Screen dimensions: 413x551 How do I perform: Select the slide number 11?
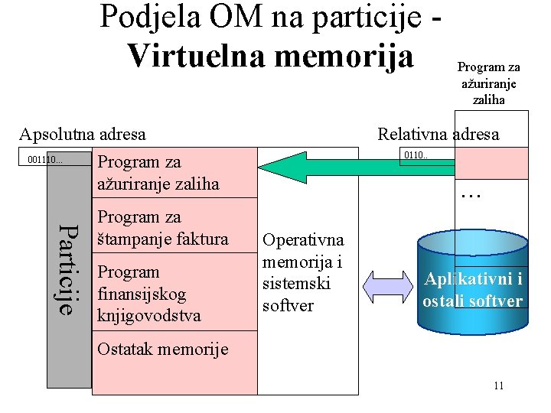point(498,385)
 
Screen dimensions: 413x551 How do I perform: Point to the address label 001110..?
point(44,159)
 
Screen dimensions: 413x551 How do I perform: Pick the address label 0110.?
point(416,155)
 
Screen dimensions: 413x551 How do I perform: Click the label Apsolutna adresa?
point(83,135)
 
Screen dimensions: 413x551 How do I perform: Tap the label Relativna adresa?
point(438,135)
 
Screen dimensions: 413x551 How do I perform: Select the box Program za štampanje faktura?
point(162,228)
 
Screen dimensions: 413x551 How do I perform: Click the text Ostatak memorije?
point(162,350)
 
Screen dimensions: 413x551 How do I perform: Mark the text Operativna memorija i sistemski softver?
point(302,272)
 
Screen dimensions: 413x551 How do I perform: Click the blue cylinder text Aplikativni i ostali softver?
point(473,289)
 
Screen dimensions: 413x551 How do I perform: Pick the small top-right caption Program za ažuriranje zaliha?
point(489,83)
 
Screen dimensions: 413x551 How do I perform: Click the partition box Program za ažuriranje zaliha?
point(158,173)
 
